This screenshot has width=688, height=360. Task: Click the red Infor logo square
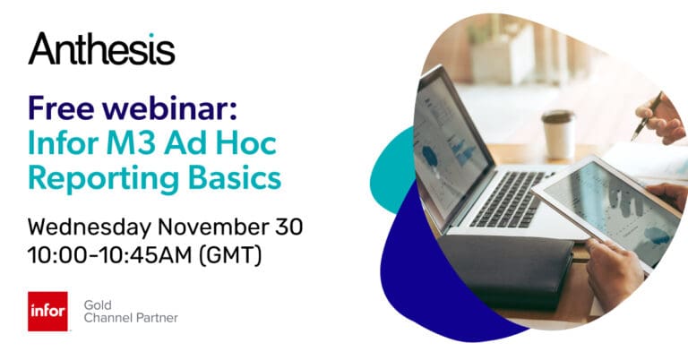(x=47, y=311)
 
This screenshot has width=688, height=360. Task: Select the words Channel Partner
(x=130, y=318)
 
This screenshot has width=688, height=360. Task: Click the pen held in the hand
(x=647, y=115)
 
